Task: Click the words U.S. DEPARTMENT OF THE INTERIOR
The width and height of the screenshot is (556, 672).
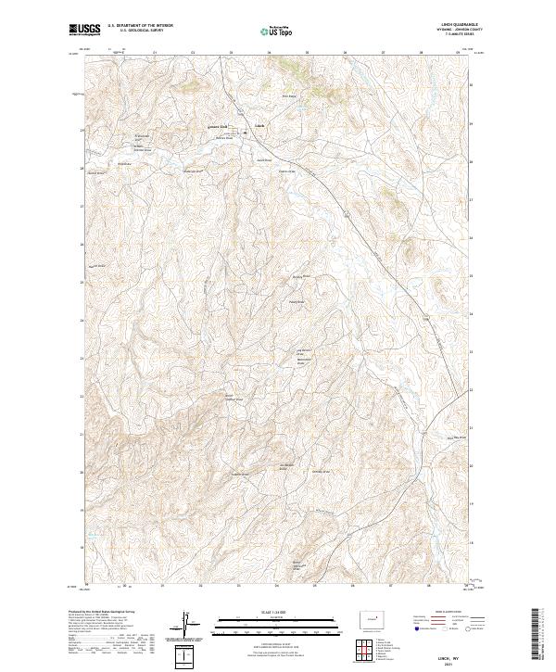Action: [x=140, y=25]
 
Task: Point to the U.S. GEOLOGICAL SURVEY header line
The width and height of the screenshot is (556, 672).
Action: [x=140, y=31]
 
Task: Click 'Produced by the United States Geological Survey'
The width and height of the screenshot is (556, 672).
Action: [x=103, y=612]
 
